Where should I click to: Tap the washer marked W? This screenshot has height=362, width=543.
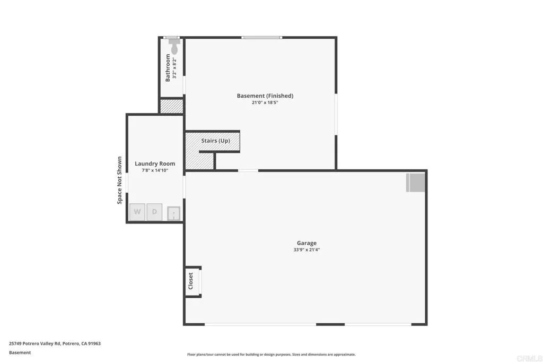click(137, 212)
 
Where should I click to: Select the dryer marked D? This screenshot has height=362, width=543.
click(154, 212)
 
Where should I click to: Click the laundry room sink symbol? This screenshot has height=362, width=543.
click(173, 213)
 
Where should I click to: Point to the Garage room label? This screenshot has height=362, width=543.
click(306, 243)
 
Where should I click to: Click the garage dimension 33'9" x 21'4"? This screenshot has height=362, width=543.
click(306, 249)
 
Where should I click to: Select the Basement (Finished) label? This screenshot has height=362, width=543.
click(265, 96)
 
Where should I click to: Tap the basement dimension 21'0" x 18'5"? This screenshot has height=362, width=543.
click(265, 102)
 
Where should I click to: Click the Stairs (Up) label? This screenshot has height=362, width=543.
click(215, 141)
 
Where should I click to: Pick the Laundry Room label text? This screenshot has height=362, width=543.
click(155, 163)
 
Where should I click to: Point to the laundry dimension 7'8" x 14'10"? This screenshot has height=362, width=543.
click(155, 170)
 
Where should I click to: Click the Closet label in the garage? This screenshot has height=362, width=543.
click(191, 282)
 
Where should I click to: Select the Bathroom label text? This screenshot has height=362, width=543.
click(168, 67)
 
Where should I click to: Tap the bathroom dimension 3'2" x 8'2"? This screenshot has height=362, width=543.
click(174, 68)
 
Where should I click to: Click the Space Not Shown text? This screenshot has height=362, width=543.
click(120, 180)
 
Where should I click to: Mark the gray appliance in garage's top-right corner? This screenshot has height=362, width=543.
click(416, 182)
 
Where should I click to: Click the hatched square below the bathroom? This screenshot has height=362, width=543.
click(172, 106)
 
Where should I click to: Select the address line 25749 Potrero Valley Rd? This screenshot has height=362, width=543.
click(55, 343)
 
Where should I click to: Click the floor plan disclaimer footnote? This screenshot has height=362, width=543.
click(271, 355)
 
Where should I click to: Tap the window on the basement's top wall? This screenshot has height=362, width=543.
click(261, 37)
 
